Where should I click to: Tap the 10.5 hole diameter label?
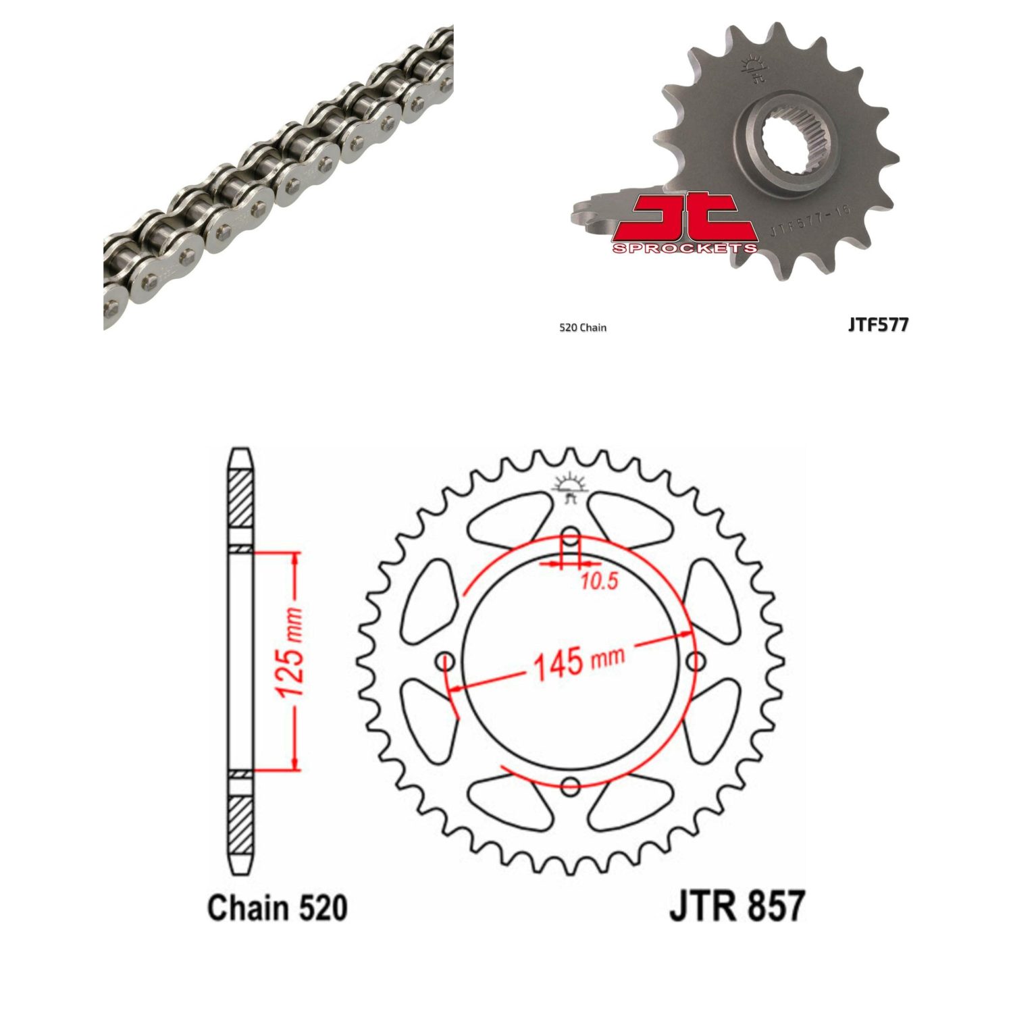click(x=600, y=581)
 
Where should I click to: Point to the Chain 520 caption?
click(x=278, y=908)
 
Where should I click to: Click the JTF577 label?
click(x=879, y=325)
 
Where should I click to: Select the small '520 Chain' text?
click(x=583, y=328)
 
